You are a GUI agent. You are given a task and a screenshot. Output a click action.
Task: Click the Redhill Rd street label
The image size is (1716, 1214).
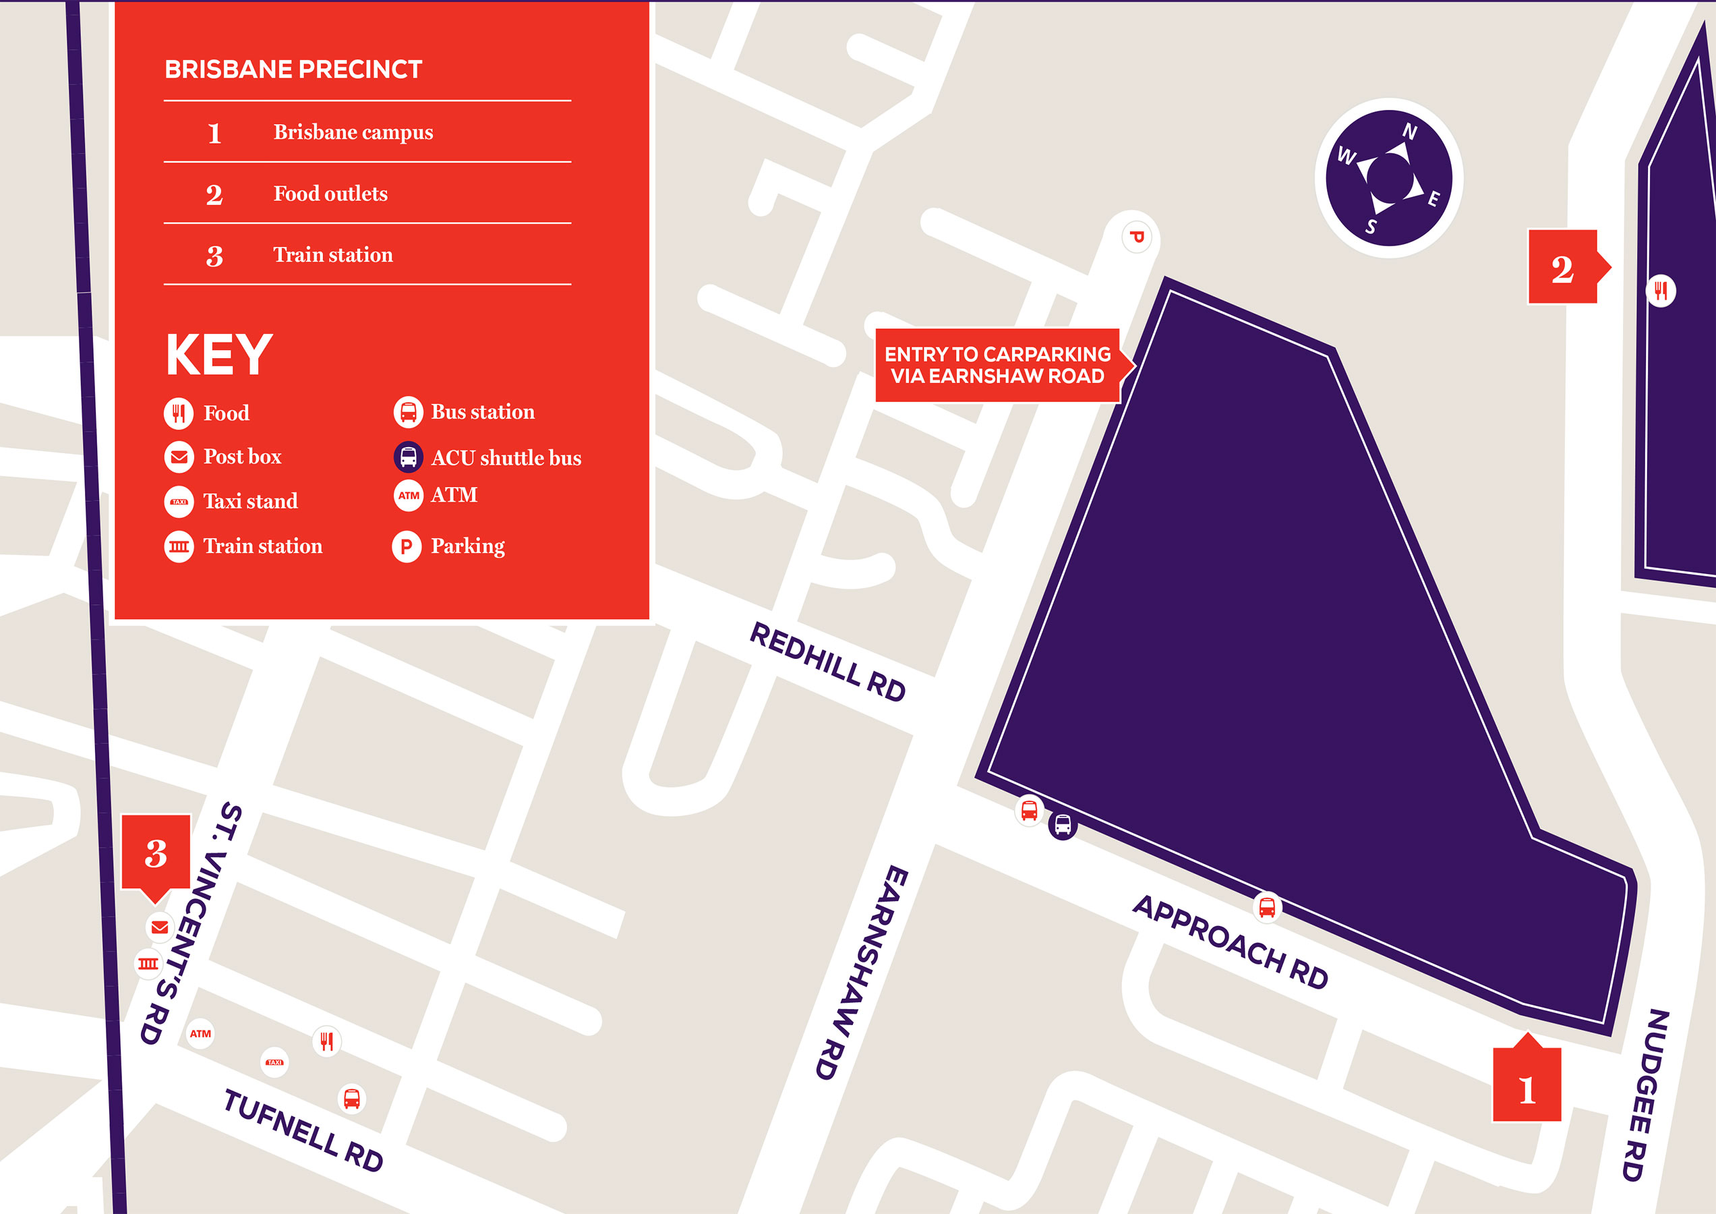coord(827,662)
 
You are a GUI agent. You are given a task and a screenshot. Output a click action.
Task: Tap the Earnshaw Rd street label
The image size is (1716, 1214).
coord(860,973)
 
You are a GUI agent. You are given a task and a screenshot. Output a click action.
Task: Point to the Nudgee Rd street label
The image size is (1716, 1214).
coord(1645,1095)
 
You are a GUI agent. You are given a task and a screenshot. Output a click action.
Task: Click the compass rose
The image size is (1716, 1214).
coord(1388,178)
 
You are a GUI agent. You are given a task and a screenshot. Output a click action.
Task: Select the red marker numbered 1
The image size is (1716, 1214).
coord(1527,1088)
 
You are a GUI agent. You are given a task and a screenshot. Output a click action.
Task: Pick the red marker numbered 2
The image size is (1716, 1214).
coord(1563,267)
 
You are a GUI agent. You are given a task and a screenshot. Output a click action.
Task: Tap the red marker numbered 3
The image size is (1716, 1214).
coord(156,852)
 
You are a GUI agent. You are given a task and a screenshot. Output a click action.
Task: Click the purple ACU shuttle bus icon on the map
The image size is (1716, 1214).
coord(1063,826)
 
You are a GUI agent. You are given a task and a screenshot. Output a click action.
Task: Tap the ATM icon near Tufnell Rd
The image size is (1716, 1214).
coord(200,1034)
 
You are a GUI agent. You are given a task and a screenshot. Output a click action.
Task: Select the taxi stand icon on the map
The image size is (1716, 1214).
coord(275,1062)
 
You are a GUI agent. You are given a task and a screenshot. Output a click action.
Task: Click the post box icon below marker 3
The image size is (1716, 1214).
coord(159,927)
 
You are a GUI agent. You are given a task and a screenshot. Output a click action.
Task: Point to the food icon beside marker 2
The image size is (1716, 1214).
coord(1661,290)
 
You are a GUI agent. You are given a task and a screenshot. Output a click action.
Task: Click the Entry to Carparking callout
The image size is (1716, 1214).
coord(998,365)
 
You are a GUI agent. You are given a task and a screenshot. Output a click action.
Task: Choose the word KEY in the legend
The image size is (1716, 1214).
coord(218,354)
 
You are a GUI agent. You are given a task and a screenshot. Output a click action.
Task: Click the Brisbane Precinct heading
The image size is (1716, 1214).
coord(293,69)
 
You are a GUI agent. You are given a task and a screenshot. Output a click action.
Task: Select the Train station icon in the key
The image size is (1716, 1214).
coord(179,546)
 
